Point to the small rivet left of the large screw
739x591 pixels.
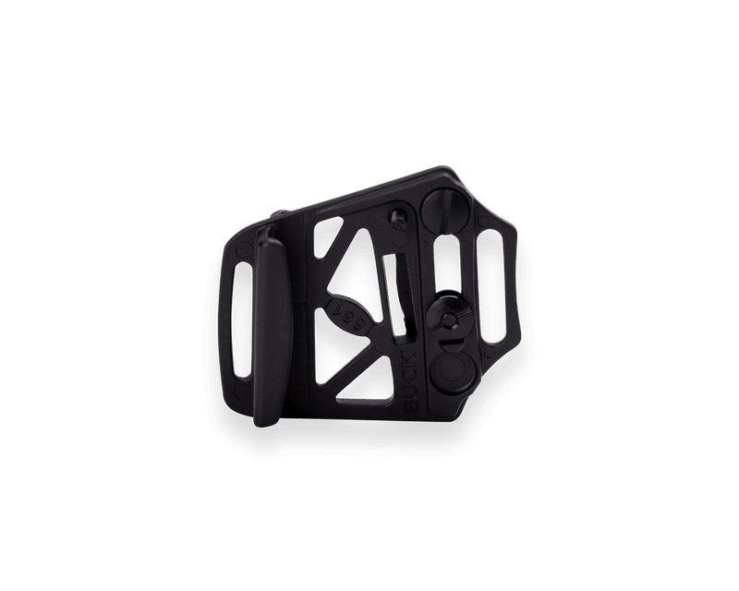coord(397,218)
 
